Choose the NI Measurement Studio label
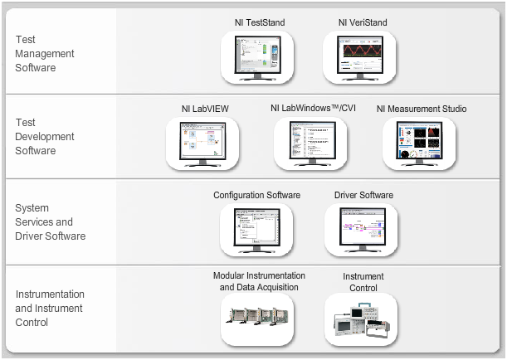[x=422, y=109]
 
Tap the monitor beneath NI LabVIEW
[x=202, y=143]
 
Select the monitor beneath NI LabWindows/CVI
[x=312, y=143]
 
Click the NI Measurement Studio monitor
[x=422, y=143]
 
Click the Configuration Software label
[x=256, y=195]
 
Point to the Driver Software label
[x=363, y=195]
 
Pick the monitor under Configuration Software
[x=256, y=228]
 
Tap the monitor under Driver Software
[x=363, y=228]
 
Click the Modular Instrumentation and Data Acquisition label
[x=259, y=281]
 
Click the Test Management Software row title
[x=45, y=53]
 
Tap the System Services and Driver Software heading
[x=50, y=222]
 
